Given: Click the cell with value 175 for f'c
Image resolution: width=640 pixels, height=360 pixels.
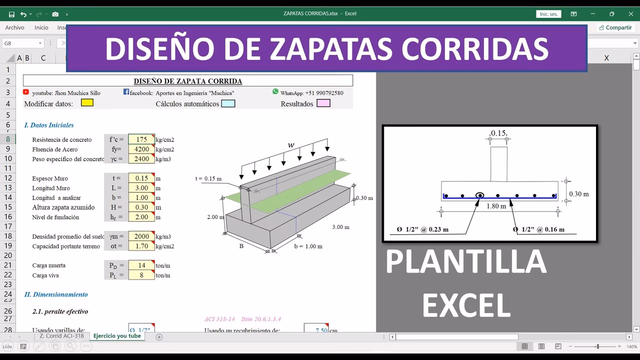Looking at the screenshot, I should click(x=141, y=139).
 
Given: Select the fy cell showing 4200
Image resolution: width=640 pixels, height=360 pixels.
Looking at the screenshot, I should click(x=141, y=149).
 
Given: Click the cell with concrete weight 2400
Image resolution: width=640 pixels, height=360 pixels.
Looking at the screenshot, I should click(x=141, y=159).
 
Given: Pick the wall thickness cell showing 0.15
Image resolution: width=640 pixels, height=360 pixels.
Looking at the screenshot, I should click(x=141, y=178).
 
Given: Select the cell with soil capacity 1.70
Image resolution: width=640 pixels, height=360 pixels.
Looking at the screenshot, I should click(x=141, y=246).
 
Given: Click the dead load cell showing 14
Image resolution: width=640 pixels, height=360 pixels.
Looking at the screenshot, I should click(x=141, y=265).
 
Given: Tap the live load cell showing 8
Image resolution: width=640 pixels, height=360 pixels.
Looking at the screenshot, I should click(x=141, y=275).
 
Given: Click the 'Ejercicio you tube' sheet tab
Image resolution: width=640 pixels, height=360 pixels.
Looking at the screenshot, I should click(x=117, y=336).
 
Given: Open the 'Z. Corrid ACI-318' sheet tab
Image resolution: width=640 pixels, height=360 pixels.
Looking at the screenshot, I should click(x=62, y=336).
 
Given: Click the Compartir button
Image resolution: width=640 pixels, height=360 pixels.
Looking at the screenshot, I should click(x=615, y=27).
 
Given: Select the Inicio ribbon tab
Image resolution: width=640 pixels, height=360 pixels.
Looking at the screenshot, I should click(x=41, y=27).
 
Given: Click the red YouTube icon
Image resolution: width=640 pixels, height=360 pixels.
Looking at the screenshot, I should click(x=26, y=92).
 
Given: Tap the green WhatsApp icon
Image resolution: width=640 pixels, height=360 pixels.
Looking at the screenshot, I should click(x=275, y=91).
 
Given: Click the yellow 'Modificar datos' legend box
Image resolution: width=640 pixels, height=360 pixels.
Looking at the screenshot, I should click(x=87, y=103).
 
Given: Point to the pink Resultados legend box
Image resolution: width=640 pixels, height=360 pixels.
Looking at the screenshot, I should click(x=323, y=103).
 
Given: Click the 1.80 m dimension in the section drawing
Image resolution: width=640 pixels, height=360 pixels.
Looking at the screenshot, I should click(x=496, y=206).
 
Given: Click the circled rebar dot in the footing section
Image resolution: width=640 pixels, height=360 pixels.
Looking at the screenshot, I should click(x=479, y=195).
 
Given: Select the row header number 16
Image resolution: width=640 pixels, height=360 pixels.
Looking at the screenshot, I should click(x=8, y=217).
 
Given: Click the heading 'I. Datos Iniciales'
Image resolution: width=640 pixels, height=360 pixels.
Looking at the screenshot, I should click(x=49, y=125).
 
